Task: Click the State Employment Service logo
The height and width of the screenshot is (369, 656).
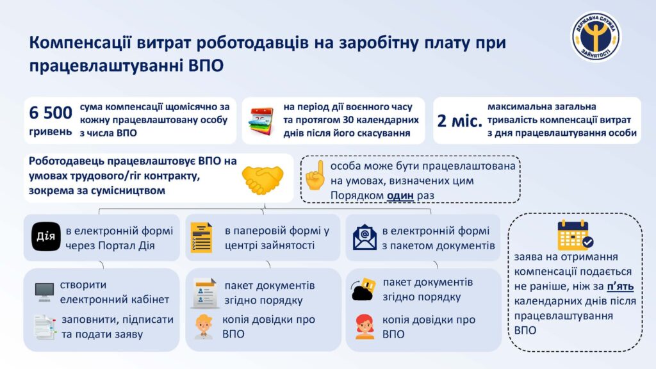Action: pyautogui.click(x=596, y=36)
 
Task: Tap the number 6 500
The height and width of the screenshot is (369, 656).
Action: pyautogui.click(x=51, y=113)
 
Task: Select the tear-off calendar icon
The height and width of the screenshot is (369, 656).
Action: pyautogui.click(x=261, y=121)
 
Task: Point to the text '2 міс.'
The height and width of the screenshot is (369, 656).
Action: pyautogui.click(x=459, y=121)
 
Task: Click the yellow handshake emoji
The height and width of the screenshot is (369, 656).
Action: pyautogui.click(x=263, y=180)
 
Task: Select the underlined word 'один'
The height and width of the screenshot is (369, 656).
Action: pyautogui.click(x=400, y=195)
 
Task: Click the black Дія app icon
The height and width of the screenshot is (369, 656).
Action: pyautogui.click(x=46, y=236)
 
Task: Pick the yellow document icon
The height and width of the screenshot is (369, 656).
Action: pyautogui.click(x=201, y=238)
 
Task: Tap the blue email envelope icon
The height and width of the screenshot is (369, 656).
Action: pyautogui.click(x=365, y=237)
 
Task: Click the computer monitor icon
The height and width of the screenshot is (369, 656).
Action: pyautogui.click(x=44, y=292)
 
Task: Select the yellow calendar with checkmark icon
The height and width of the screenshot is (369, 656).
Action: pyautogui.click(x=575, y=235)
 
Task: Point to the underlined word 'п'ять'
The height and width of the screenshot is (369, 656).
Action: pyautogui.click(x=620, y=286)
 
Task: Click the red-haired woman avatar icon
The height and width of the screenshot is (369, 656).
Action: pyautogui.click(x=365, y=327)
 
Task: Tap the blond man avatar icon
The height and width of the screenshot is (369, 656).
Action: pyautogui.click(x=204, y=326)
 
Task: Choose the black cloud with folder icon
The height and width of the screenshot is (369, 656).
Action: pyautogui.click(x=363, y=289)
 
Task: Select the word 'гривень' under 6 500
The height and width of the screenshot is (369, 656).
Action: pyautogui.click(x=51, y=132)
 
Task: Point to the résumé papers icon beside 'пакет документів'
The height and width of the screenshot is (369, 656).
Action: pyautogui.click(x=204, y=293)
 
